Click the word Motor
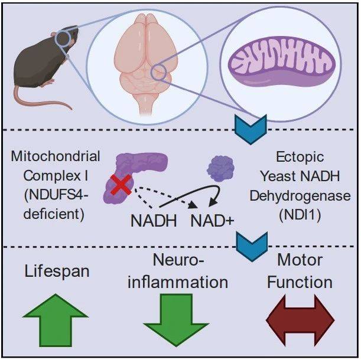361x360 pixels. pyautogui.click(x=300, y=260)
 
